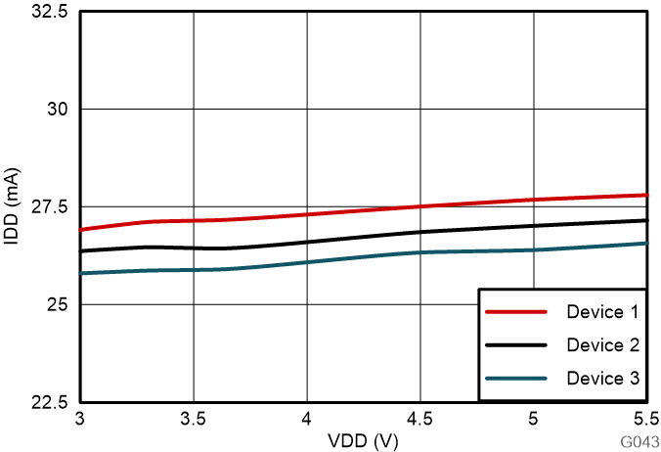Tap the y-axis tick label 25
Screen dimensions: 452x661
(x=60, y=304)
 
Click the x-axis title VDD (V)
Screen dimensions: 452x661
(x=364, y=441)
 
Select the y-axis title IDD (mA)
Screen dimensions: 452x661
(x=12, y=206)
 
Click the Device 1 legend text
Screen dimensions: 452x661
(x=602, y=313)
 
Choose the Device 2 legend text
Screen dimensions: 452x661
(x=602, y=345)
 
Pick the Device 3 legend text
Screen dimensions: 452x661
(x=602, y=378)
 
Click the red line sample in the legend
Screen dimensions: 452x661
(x=516, y=313)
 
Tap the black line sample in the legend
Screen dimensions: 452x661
(x=516, y=345)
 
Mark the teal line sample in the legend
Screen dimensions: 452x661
(x=516, y=378)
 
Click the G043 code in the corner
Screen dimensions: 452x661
(x=638, y=442)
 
